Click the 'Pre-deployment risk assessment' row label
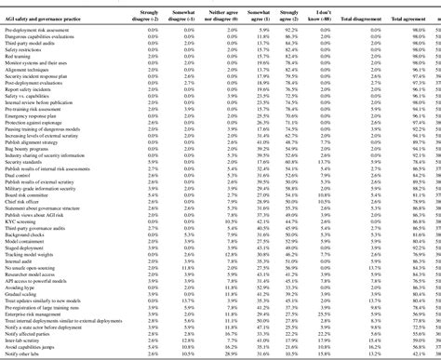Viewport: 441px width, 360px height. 43,30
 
